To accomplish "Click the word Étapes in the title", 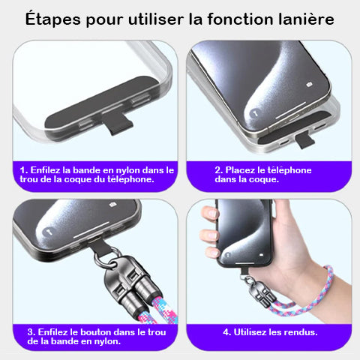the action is point(53,19).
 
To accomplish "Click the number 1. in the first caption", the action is point(24,170).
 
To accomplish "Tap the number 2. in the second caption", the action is point(219,170).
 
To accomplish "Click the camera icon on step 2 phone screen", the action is point(309,85).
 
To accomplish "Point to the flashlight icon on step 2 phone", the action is point(254,113).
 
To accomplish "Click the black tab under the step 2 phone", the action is point(304,140).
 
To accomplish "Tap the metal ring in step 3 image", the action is point(107,257).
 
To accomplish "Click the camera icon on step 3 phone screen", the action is point(112,205).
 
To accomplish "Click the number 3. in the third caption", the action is point(31,332).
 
